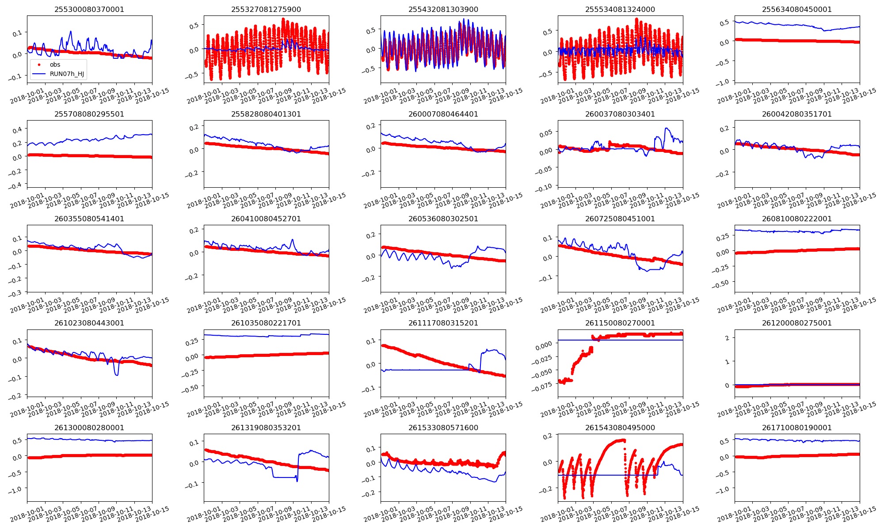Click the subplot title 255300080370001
pyautogui.click(x=89, y=9)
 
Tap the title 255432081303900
pyautogui.click(x=443, y=9)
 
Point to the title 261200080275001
pyautogui.click(x=796, y=323)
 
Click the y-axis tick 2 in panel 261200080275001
pyautogui.click(x=727, y=338)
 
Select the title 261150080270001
pyautogui.click(x=620, y=323)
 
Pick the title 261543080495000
pyautogui.click(x=620, y=428)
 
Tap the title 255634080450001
pyautogui.click(x=796, y=9)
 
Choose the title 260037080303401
pyautogui.click(x=620, y=114)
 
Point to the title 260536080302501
pyautogui.click(x=443, y=219)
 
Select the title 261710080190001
pyautogui.click(x=796, y=428)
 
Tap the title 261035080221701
pyautogui.click(x=266, y=323)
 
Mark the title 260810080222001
pyautogui.click(x=796, y=219)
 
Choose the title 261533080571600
pyautogui.click(x=443, y=428)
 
